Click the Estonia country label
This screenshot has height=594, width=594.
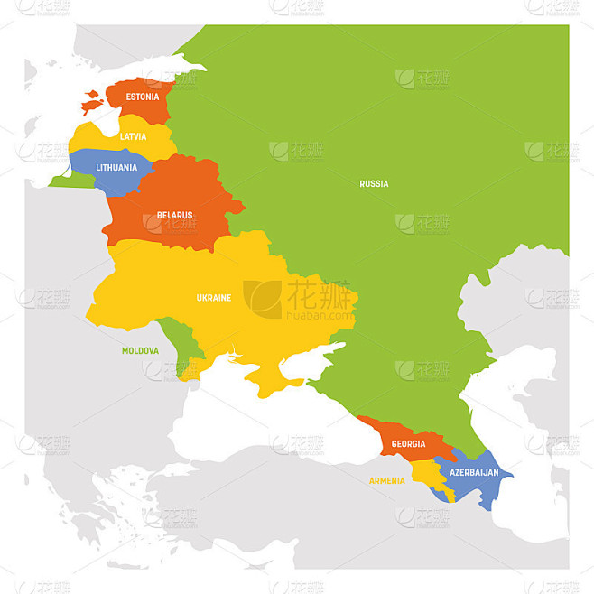143,97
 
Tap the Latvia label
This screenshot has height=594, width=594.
133,136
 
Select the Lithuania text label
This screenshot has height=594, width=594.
116,168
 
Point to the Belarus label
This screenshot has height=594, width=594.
174,215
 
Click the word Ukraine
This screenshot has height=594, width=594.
214,297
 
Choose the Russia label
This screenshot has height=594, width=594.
374,184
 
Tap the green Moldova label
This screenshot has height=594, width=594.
141,350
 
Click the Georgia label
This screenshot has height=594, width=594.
409,444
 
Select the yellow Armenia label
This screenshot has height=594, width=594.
386,480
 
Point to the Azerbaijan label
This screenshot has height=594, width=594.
474,473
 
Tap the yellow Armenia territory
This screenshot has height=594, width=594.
426,475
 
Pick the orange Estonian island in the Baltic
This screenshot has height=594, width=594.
92,102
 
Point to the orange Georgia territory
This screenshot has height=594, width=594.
402,433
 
